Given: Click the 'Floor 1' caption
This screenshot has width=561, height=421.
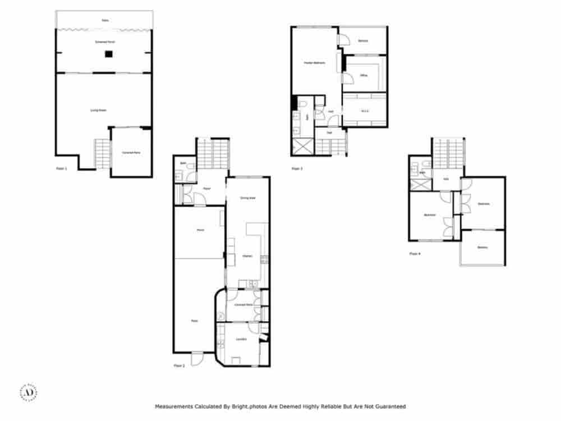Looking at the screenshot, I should tap(62, 168).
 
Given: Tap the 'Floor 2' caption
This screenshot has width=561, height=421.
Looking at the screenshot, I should tap(180, 365).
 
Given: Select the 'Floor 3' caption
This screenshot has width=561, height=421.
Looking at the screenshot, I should tap(297, 168).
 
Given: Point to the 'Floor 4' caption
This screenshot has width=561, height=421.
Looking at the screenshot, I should tap(415, 254).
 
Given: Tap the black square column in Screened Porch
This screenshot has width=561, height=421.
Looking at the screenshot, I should tap(109, 54).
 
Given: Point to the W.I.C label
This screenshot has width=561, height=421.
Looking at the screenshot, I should tap(364, 111).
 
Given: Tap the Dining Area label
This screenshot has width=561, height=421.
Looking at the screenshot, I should tap(248, 198).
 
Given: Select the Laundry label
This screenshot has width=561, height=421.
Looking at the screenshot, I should tap(241, 339).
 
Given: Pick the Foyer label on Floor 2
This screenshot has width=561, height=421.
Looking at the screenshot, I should tap(206, 188).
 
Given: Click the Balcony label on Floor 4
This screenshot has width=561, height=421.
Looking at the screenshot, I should tap(482, 248).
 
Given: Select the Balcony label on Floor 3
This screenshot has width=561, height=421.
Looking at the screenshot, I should tap(363, 40).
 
